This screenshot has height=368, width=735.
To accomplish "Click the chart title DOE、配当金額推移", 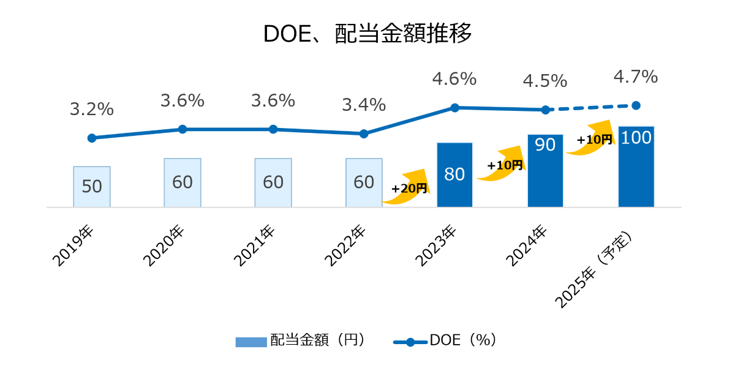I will point(367,34).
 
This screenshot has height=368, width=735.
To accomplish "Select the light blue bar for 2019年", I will point(92,187).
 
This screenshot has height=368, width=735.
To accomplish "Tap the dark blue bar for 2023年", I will point(454,175).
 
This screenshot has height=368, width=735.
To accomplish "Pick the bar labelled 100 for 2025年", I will point(636,167).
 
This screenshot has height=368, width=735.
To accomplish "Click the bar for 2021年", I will point(273,182).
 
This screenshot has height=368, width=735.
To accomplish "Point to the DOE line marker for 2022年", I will point(364,133).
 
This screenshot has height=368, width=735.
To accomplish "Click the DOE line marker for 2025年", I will point(636,105).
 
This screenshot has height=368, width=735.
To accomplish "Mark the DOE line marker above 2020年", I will point(183,129).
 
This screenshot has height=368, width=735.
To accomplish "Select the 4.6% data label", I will point(454,79).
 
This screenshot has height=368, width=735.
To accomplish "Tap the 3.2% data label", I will point(92,110).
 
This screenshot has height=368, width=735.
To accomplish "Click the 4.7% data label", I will point(635,77).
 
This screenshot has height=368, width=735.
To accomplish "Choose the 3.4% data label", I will point(364,105).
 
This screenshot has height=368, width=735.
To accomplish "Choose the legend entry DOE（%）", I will point(444,340).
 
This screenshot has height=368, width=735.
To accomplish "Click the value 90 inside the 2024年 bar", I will point(545,145).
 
